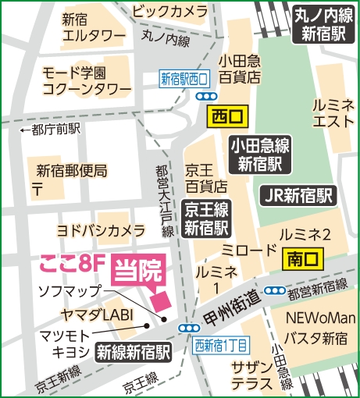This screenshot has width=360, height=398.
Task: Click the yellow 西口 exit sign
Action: click(226, 117)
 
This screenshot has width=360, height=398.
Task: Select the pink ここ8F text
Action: click(68, 263)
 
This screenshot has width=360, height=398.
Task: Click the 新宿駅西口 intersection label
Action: click(184, 78)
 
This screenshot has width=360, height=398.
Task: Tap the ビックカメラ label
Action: click(169, 12)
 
